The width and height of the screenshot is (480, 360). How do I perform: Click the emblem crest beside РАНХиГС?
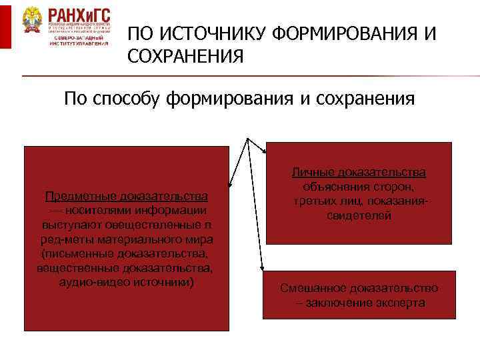(32, 24)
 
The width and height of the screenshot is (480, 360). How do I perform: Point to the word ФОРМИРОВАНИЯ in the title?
(341, 33)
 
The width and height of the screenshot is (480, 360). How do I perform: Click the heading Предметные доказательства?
(126, 197)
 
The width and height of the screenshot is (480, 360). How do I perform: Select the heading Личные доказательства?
(359, 172)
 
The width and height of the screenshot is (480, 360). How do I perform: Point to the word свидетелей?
(359, 216)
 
